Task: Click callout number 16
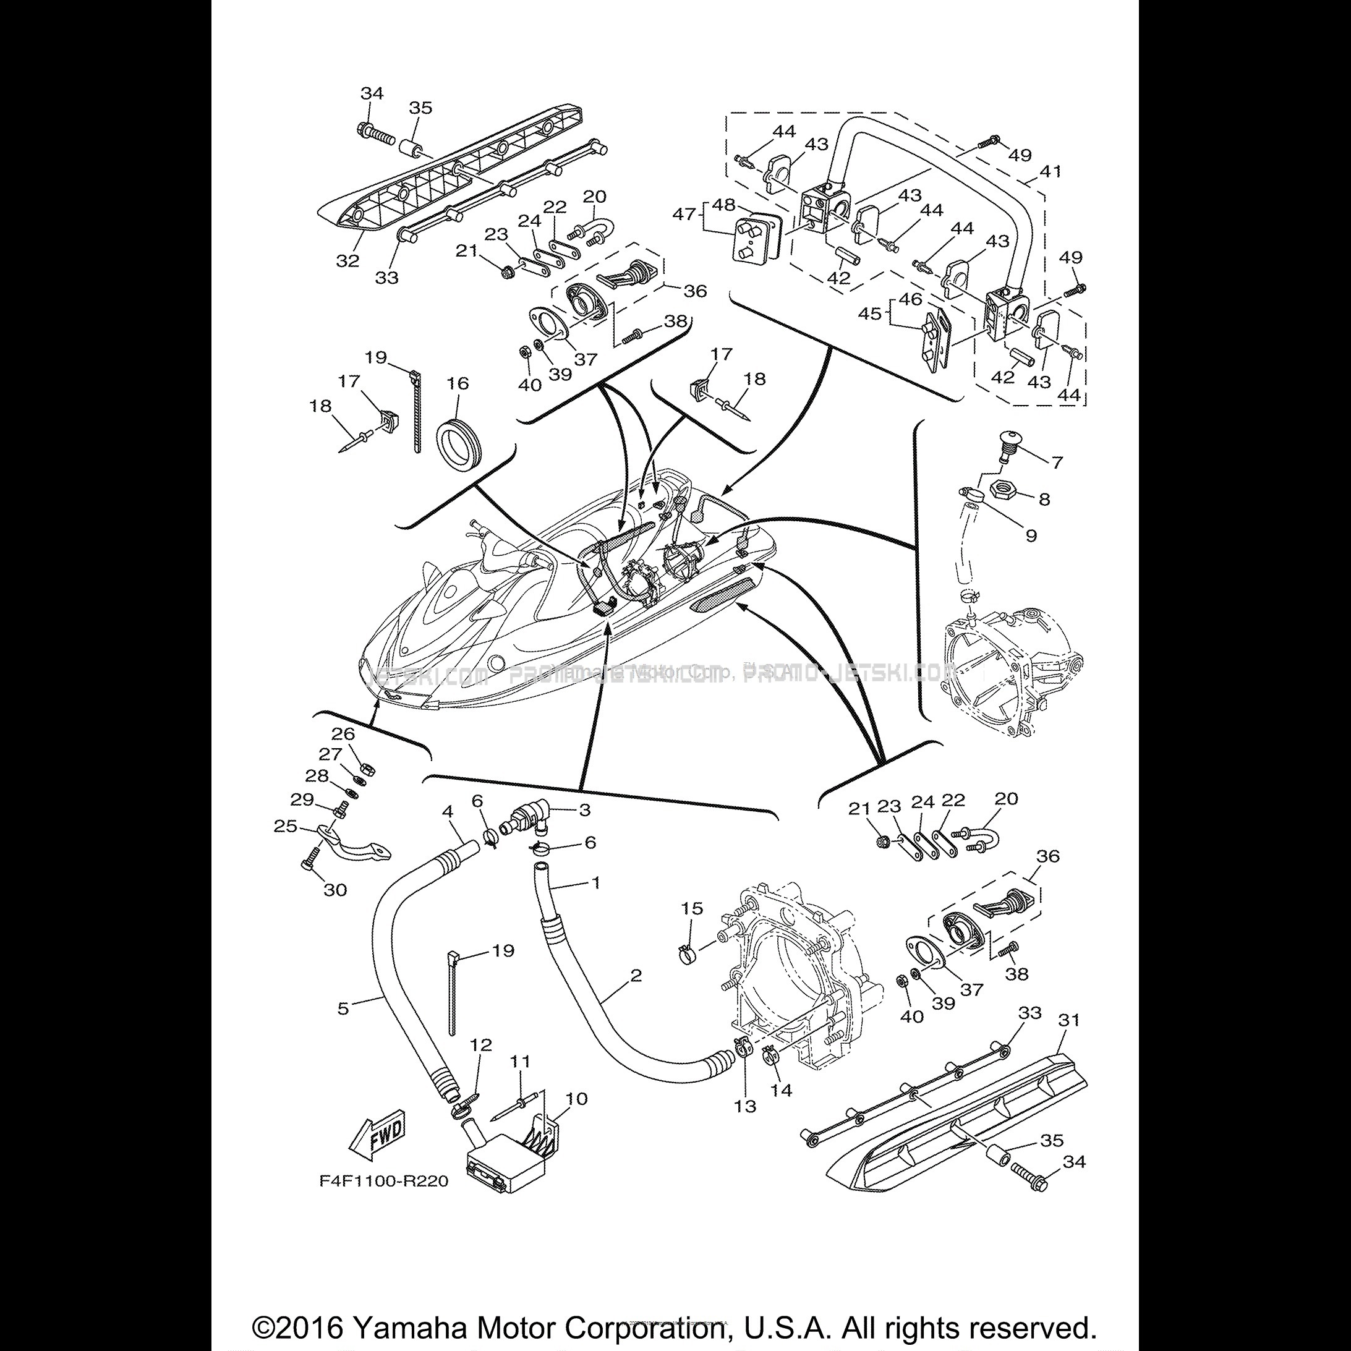coord(458,383)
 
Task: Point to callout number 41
coord(1051,171)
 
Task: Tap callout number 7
coord(1056,462)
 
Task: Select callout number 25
coord(285,826)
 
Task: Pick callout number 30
coord(335,890)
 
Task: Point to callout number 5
coord(343,1009)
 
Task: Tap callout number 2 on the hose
coord(635,975)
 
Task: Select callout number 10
coord(576,1098)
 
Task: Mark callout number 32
coord(347,260)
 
